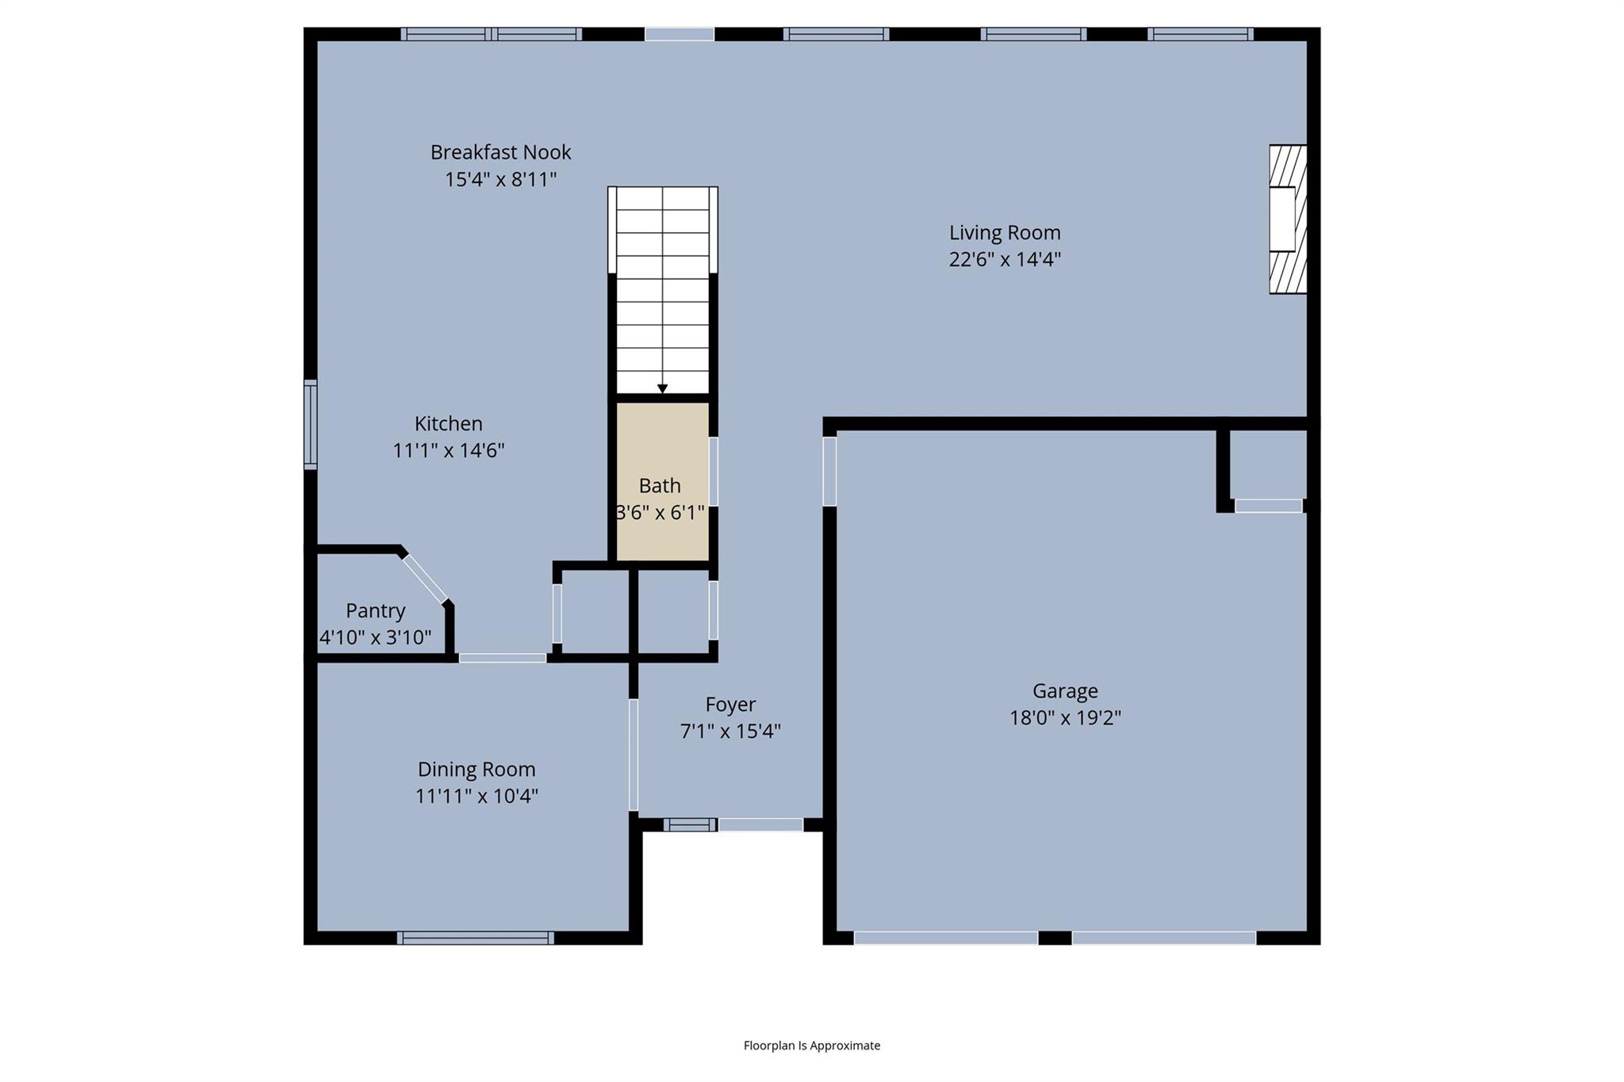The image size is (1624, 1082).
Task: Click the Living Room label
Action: [x=1004, y=232]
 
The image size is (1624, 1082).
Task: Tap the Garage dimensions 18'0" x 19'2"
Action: [x=1064, y=718]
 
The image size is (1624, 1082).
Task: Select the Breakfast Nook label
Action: [x=500, y=152]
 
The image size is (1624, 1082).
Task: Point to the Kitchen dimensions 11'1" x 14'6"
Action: [x=448, y=451]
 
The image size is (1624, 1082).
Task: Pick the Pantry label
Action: [x=375, y=611]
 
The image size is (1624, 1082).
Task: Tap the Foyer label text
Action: [x=730, y=705]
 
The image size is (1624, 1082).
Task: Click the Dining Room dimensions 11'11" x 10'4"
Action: [x=477, y=796]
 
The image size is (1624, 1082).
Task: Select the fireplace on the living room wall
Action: [x=1286, y=220]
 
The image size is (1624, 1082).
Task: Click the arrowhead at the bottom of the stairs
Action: [x=662, y=388]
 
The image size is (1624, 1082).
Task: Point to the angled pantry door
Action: [x=425, y=579]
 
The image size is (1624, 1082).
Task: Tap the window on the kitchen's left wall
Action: [x=311, y=424]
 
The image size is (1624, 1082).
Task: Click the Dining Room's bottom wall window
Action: [x=475, y=938]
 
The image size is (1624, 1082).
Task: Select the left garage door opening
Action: [x=945, y=938]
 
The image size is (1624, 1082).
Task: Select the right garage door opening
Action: [x=1163, y=938]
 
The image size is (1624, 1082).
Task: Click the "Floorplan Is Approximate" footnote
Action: [x=811, y=1046]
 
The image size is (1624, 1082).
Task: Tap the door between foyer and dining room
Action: [x=633, y=755]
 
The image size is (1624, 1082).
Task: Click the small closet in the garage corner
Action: [x=1267, y=465]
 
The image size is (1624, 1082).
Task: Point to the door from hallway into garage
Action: [x=829, y=471]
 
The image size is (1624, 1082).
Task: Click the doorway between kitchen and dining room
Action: [x=502, y=658]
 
